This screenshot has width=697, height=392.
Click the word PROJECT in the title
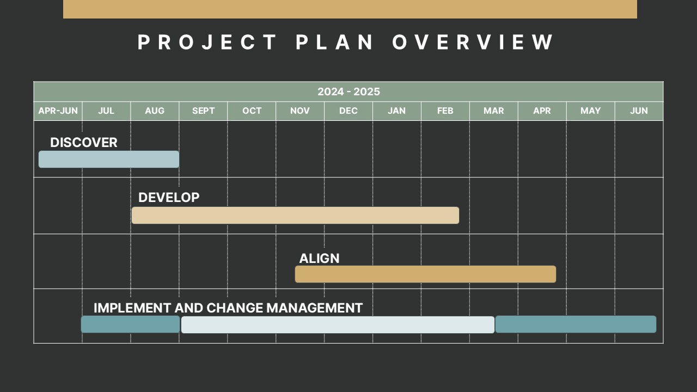tap(207, 42)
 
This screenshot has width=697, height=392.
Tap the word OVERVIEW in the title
tap(473, 42)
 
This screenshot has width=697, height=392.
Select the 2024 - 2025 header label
tap(348, 91)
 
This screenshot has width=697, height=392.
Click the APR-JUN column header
tap(58, 111)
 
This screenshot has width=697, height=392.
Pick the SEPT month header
tap(203, 111)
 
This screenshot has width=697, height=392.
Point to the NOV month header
tap(300, 111)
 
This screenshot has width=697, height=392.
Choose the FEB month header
tap(445, 111)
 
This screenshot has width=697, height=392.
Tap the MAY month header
tap(590, 111)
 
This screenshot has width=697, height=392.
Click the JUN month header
tap(639, 111)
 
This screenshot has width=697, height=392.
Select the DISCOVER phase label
tap(84, 143)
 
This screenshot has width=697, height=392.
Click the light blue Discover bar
tap(109, 160)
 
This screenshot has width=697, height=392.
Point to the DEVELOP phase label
tap(169, 198)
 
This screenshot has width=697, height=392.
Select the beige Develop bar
tap(295, 216)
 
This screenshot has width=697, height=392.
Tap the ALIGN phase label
tap(319, 259)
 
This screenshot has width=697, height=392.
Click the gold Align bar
tap(425, 274)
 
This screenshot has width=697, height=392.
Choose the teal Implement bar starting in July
tap(130, 324)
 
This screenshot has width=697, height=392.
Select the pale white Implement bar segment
tap(338, 324)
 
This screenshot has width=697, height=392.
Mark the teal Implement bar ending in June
tap(576, 324)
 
